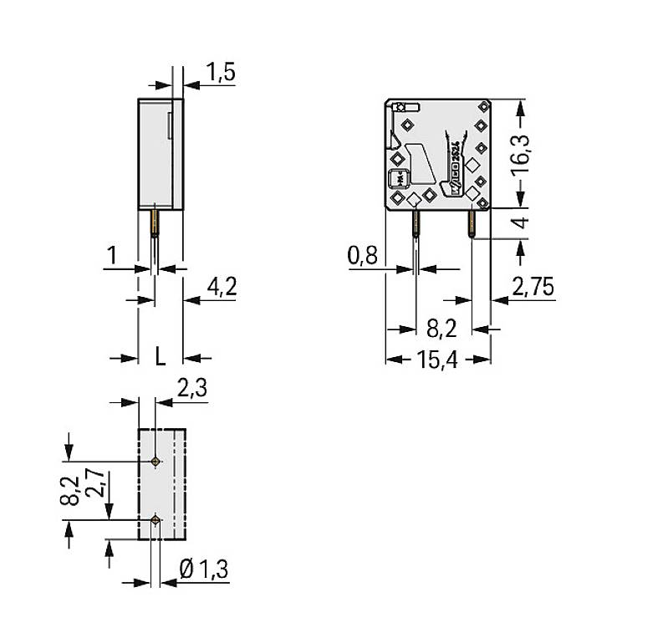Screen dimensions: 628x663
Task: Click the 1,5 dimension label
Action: (x=220, y=74)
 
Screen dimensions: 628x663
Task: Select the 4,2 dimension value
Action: (x=222, y=288)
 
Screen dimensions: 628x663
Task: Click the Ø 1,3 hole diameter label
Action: (x=204, y=570)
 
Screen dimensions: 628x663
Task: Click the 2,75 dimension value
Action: (x=533, y=288)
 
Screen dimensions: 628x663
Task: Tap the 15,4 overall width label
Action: (x=438, y=360)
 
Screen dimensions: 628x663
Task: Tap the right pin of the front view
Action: (x=472, y=222)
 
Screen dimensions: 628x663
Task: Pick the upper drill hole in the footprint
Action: (x=156, y=462)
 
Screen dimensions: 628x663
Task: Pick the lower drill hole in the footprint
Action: (x=156, y=520)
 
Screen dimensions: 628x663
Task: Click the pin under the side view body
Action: (x=155, y=224)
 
